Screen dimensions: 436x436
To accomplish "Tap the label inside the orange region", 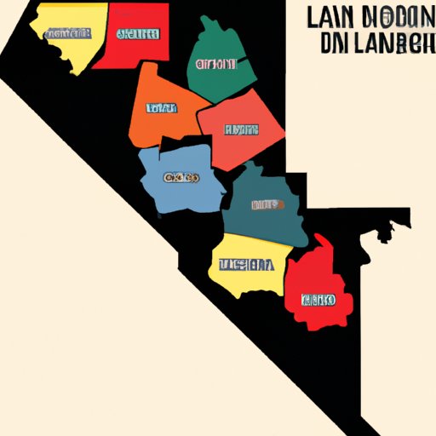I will tap(161, 108).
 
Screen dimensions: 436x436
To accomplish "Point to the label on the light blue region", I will tap(181, 178).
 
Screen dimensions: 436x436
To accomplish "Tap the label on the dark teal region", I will tap(267, 205).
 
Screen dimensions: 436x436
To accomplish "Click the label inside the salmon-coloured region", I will tap(240, 129).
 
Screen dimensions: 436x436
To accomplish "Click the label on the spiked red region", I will tap(317, 300).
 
